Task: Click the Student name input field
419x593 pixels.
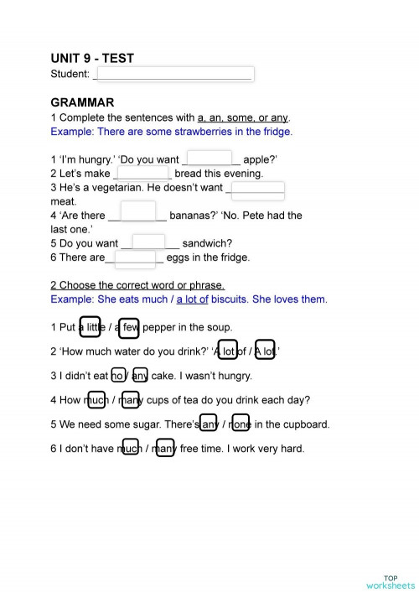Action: [174, 74]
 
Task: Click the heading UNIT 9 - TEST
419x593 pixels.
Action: [92, 58]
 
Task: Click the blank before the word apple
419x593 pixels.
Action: [209, 159]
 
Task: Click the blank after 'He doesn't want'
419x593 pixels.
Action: [256, 188]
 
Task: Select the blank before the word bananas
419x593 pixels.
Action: [143, 214]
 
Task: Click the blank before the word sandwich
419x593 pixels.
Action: [149, 243]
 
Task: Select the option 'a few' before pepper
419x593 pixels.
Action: [129, 326]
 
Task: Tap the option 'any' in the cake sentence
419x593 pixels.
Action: [140, 376]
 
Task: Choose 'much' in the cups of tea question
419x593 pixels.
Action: [97, 400]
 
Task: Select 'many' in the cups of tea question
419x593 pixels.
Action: [130, 400]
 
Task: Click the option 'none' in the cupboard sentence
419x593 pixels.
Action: [241, 424]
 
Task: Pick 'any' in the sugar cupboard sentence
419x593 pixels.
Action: [209, 424]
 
